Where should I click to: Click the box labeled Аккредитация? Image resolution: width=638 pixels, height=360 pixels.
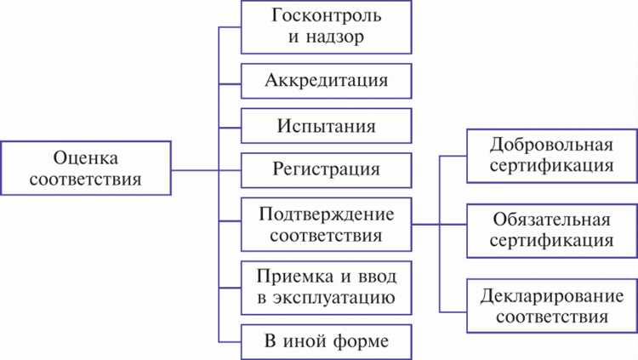click(x=327, y=83)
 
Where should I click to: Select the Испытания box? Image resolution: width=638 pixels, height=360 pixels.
click(x=327, y=126)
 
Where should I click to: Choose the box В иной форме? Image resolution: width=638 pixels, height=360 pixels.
click(x=327, y=341)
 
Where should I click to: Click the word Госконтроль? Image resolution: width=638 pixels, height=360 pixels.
click(x=327, y=17)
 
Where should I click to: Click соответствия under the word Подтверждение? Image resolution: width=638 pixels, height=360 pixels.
click(x=327, y=234)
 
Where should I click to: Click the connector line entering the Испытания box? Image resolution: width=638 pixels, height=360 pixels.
click(x=231, y=126)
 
